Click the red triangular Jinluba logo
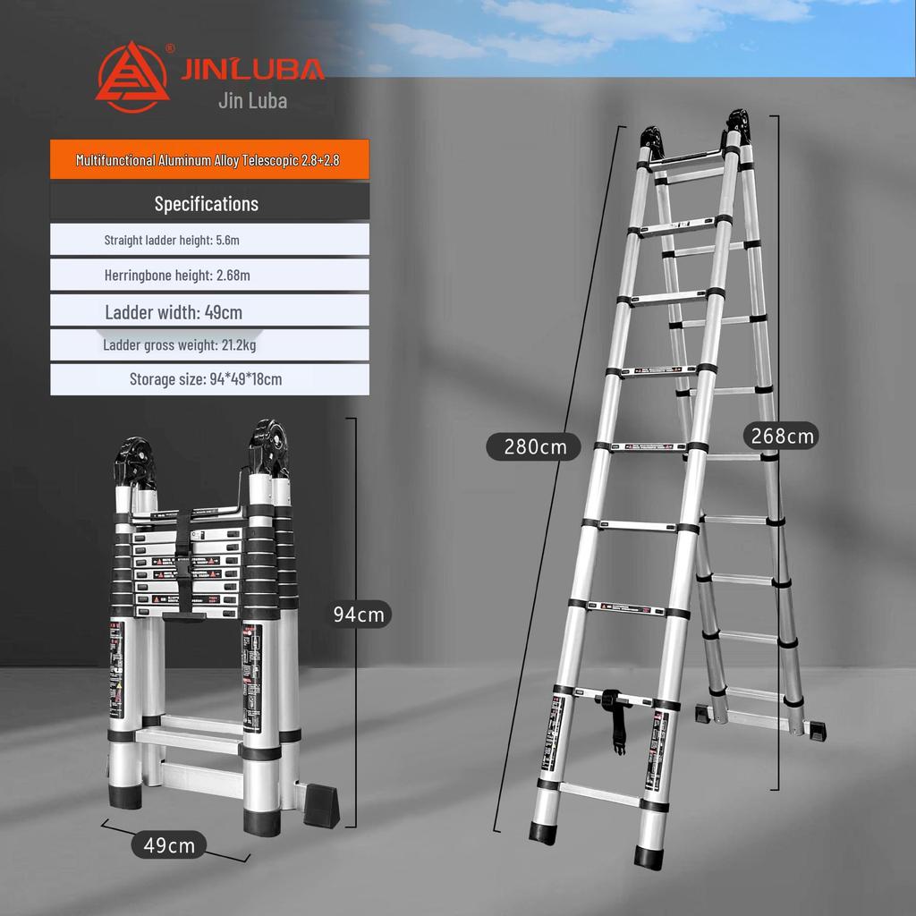point(131,78)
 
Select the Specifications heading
point(207,203)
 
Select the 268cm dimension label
point(781,436)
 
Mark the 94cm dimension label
point(358,615)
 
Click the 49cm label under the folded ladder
point(169,844)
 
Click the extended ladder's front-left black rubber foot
point(542,831)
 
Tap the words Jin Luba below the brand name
point(252,100)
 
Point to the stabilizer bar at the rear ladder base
point(760,720)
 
